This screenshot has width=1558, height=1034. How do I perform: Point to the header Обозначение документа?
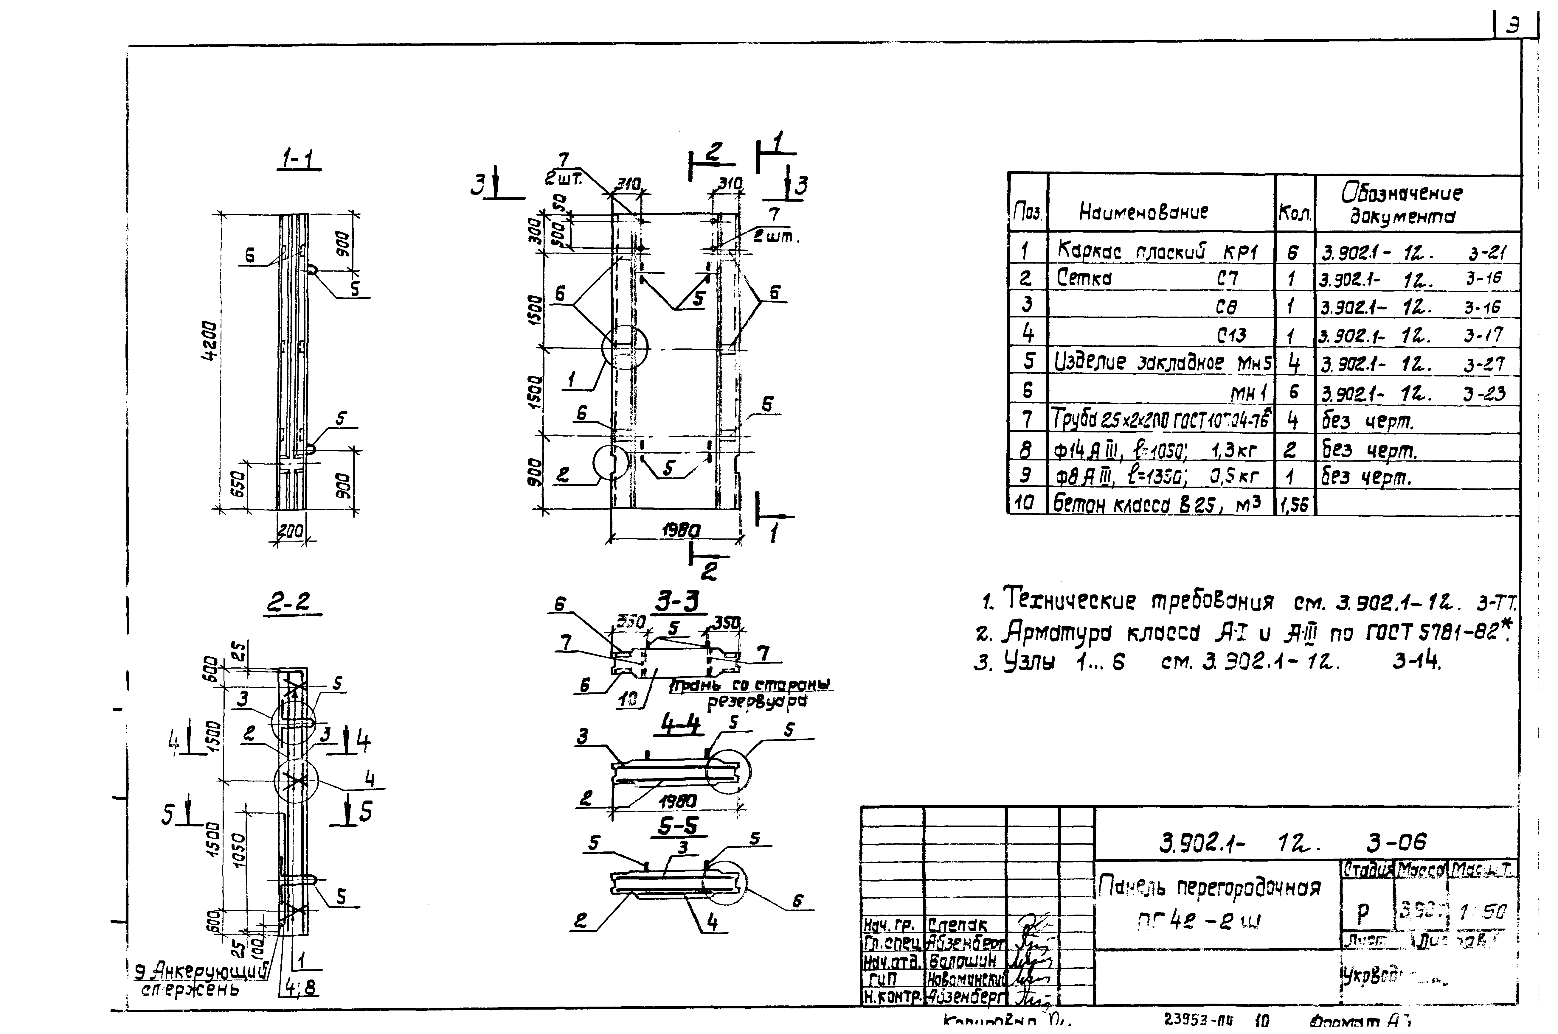pos(1401,204)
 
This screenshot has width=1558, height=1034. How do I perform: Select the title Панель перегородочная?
pos(1210,888)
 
